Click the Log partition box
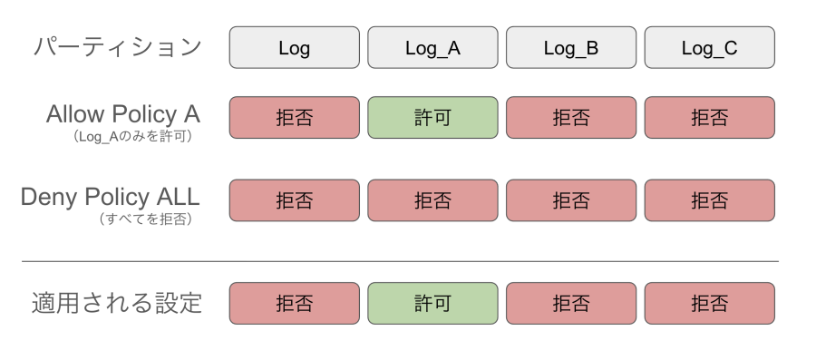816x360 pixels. pyautogui.click(x=294, y=48)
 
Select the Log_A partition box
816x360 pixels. pyautogui.click(x=432, y=48)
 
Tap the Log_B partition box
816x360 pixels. pyautogui.click(x=571, y=48)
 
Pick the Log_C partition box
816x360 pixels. pyautogui.click(x=709, y=48)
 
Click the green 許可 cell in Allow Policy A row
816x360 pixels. pyautogui.click(x=432, y=118)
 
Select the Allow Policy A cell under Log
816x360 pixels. pyautogui.click(x=294, y=118)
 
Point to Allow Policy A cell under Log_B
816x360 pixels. pyautogui.click(x=571, y=118)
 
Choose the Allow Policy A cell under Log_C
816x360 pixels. pyautogui.click(x=709, y=118)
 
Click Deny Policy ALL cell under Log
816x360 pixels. pyautogui.click(x=294, y=200)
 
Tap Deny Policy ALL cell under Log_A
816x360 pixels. pyautogui.click(x=432, y=200)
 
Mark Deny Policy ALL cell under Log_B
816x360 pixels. pyautogui.click(x=571, y=200)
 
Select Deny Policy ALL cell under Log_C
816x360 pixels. pyautogui.click(x=709, y=200)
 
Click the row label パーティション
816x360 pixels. pyautogui.click(x=117, y=47)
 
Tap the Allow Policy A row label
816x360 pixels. pyautogui.click(x=123, y=114)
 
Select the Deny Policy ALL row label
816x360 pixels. pyautogui.click(x=111, y=197)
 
